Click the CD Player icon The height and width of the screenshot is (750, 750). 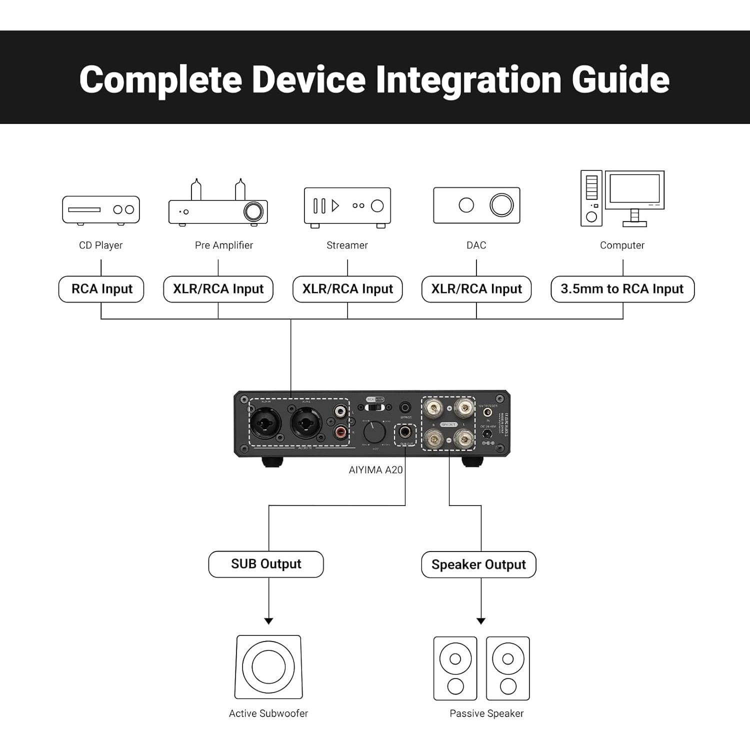point(101,210)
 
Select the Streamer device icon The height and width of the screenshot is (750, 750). point(347,206)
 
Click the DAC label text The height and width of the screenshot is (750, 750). point(476,245)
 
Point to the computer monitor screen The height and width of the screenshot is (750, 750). point(634,190)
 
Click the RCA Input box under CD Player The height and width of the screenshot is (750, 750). point(101,289)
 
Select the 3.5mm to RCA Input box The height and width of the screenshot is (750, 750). point(622,289)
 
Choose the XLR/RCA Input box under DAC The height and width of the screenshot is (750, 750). point(476,289)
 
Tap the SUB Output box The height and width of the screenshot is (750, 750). point(266,564)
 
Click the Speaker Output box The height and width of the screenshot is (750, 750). point(478,564)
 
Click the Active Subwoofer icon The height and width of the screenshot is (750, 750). point(268,667)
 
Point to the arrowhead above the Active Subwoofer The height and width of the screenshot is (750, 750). point(268,621)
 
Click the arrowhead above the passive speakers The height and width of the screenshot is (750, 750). point(481,621)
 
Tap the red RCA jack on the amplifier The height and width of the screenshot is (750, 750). point(341,430)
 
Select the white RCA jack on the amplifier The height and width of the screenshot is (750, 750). point(341,412)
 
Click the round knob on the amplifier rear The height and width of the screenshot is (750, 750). point(374,432)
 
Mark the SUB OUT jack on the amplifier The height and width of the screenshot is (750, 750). point(405,431)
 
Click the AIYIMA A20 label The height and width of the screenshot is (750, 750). point(375,470)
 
